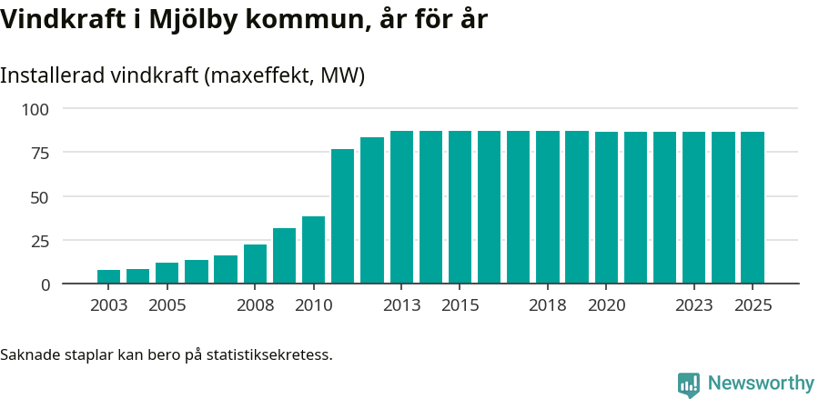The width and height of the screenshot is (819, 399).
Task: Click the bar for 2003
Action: pyautogui.click(x=109, y=276)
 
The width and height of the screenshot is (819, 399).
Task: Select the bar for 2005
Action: pyautogui.click(x=167, y=273)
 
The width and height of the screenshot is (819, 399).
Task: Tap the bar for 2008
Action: pyautogui.click(x=255, y=264)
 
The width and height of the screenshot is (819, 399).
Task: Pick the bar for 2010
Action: pyautogui.click(x=314, y=250)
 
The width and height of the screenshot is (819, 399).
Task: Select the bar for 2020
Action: pyautogui.click(x=606, y=208)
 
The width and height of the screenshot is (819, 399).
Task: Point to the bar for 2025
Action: pyautogui.click(x=753, y=208)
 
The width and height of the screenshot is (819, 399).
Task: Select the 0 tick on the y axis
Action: pyautogui.click(x=45, y=284)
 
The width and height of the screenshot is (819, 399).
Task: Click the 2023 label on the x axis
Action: pyautogui.click(x=693, y=305)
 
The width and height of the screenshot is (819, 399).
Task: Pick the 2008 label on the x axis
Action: pyautogui.click(x=255, y=305)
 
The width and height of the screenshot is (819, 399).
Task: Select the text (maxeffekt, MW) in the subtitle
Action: pyautogui.click(x=285, y=75)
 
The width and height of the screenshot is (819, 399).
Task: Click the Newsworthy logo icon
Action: pyautogui.click(x=689, y=384)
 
